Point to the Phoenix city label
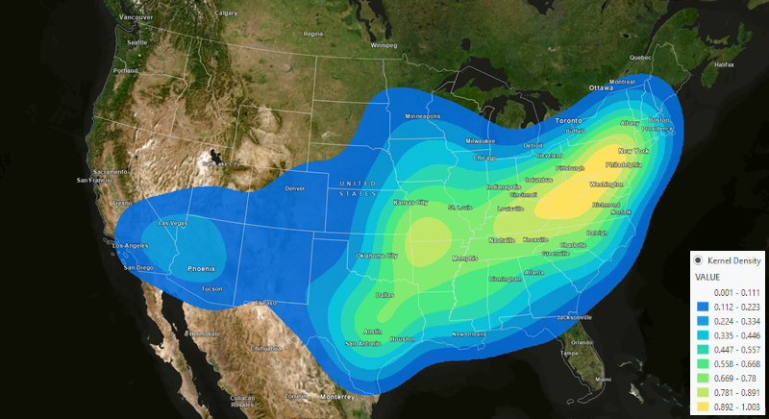point(201,267)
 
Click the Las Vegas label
point(173,223)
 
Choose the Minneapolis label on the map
point(422,116)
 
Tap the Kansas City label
point(411,203)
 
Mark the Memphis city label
point(466,258)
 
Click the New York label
point(633,151)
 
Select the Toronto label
point(569,121)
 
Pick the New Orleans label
point(473,333)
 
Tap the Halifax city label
point(725,64)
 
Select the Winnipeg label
point(383,44)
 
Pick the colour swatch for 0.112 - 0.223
point(704,305)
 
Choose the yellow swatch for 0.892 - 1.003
point(704,407)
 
